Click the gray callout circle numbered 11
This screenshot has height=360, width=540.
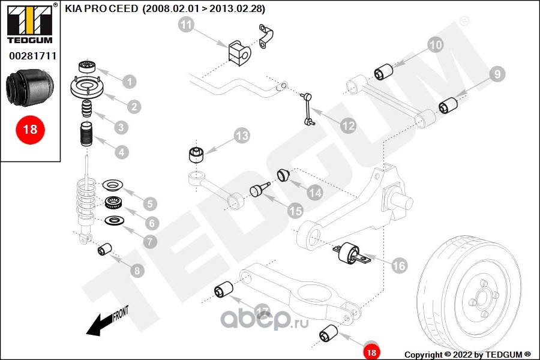[187, 25]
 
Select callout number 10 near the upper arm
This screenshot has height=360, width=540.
[436, 44]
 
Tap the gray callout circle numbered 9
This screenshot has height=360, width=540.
[497, 74]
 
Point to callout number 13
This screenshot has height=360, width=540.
[241, 136]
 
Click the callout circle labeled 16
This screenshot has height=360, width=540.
[399, 265]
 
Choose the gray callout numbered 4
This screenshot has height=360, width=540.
[122, 152]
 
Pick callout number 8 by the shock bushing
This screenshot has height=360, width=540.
[138, 271]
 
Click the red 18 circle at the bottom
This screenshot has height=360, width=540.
[371, 352]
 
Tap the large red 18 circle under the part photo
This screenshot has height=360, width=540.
[30, 129]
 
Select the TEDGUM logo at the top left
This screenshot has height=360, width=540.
[29, 25]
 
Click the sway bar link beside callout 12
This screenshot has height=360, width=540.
[309, 108]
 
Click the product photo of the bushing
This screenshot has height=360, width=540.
[30, 88]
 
